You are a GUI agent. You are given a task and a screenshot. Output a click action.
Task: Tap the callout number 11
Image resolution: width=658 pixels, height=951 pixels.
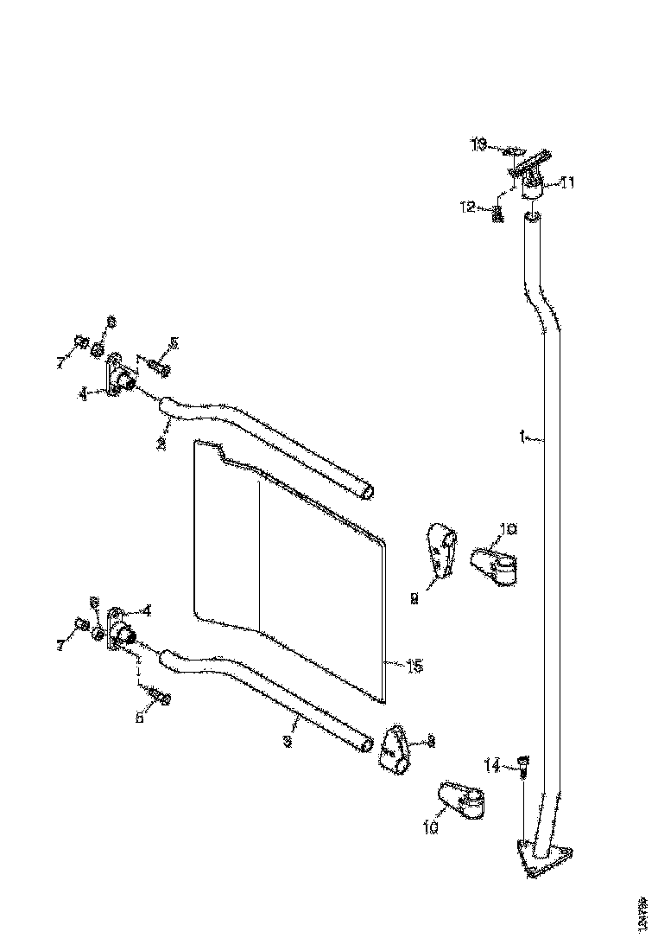pyautogui.click(x=568, y=182)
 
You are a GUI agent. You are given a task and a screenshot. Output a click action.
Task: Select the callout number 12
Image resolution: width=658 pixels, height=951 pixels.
pyautogui.click(x=467, y=206)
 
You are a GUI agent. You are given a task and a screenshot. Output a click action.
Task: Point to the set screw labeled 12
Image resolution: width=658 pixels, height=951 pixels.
pyautogui.click(x=497, y=214)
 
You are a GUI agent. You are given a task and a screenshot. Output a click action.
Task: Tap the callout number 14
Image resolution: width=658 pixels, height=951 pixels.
pyautogui.click(x=491, y=764)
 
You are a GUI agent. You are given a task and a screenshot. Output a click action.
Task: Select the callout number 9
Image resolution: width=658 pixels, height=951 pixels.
pyautogui.click(x=414, y=597)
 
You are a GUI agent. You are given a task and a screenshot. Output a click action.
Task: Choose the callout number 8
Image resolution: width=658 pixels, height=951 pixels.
pyautogui.click(x=431, y=741)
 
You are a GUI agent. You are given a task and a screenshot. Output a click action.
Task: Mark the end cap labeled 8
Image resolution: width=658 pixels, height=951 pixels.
pyautogui.click(x=394, y=747)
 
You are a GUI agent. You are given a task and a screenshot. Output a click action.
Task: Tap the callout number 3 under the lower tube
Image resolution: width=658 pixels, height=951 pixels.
pyautogui.click(x=288, y=741)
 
